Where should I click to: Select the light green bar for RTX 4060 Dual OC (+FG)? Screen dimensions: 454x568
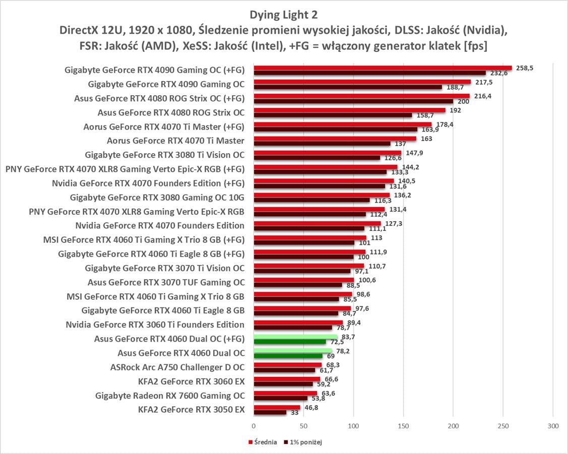coord(295,337)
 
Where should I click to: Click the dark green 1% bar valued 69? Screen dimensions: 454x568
coord(288,356)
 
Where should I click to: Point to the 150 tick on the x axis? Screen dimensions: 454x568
coord(403,426)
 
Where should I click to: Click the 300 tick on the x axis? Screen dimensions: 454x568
coord(553,426)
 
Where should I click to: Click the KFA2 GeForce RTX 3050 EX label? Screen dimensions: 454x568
coord(191,410)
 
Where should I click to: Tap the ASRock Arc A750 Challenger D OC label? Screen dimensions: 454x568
coord(177,367)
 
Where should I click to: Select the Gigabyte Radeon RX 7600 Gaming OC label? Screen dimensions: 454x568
coord(170,396)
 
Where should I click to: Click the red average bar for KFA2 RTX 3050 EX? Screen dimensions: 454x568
coord(277,407)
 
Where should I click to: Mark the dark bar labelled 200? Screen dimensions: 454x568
coord(353,101)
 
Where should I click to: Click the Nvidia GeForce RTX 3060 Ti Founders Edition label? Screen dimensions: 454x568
coord(155,325)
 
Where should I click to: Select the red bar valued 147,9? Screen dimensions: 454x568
coord(327,152)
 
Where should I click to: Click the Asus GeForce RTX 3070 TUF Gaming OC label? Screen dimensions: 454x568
coord(166,282)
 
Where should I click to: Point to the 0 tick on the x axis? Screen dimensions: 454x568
coord(254,426)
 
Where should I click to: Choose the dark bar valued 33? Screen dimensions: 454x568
coord(270,413)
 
